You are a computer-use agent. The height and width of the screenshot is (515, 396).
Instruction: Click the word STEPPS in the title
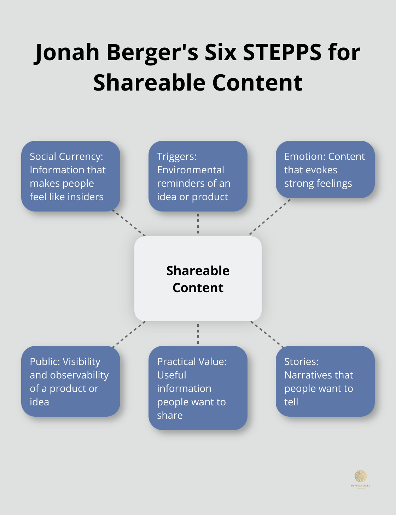click(x=282, y=52)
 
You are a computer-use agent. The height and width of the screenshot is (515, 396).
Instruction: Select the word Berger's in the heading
click(x=152, y=52)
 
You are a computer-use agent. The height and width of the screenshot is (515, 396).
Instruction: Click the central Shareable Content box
click(x=198, y=279)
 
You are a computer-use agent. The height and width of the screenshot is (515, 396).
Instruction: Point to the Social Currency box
click(x=71, y=176)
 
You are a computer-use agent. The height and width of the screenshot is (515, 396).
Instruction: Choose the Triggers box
click(x=198, y=176)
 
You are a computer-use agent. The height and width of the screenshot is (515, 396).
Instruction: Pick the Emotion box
click(x=325, y=169)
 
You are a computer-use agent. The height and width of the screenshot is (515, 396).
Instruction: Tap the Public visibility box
click(x=71, y=381)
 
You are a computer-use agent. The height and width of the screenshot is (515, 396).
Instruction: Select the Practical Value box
click(x=198, y=388)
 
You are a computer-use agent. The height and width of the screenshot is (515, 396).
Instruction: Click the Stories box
click(x=325, y=381)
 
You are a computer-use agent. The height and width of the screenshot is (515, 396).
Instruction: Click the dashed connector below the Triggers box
click(x=198, y=224)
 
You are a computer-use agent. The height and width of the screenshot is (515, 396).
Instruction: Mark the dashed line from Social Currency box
click(x=129, y=223)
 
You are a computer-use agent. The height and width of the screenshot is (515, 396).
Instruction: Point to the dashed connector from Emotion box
click(x=269, y=217)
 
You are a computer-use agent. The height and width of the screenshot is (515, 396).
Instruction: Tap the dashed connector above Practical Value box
click(x=198, y=334)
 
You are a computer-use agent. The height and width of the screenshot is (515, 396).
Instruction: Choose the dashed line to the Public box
click(x=129, y=334)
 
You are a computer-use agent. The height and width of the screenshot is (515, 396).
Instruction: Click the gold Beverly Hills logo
click(x=361, y=478)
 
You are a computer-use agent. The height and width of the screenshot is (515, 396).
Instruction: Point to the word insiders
click(x=87, y=197)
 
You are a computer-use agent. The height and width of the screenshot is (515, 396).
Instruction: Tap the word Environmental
click(x=191, y=170)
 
